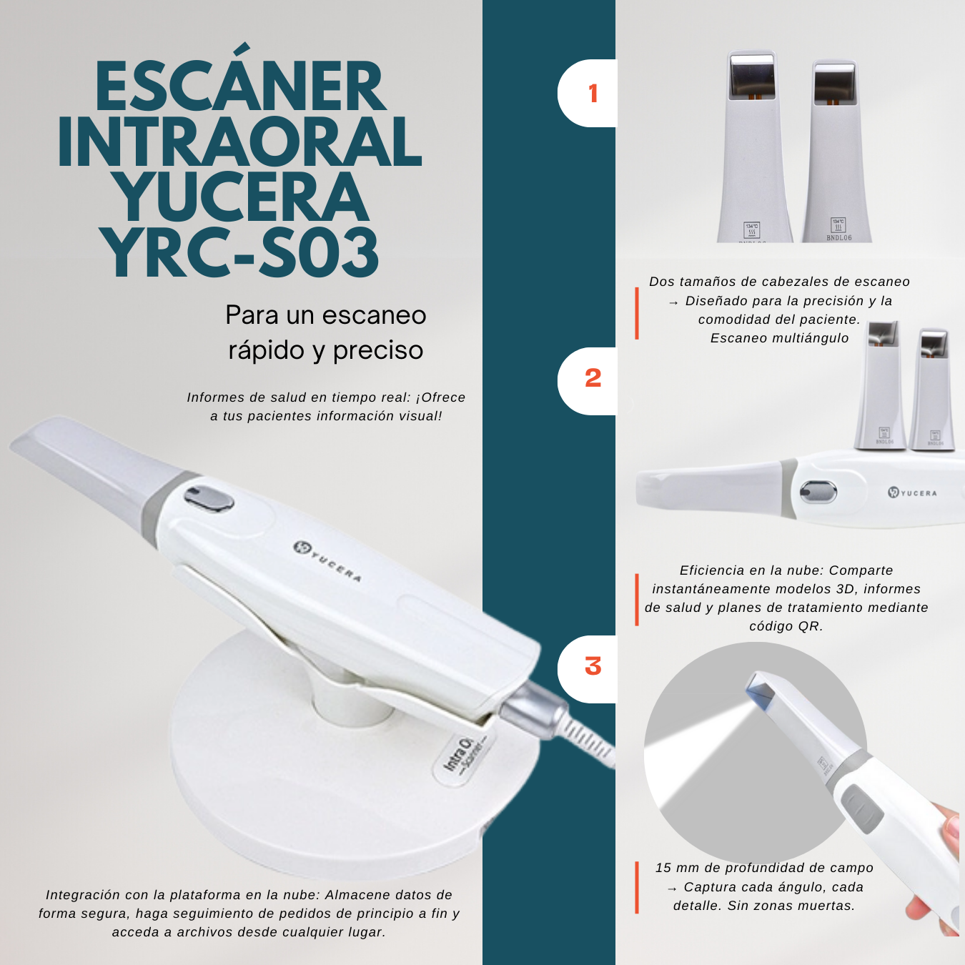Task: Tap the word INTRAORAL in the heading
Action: (240, 142)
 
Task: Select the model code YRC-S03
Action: (241, 252)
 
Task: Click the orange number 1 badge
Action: (593, 94)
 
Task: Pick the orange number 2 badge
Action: (593, 377)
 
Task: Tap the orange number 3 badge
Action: (593, 666)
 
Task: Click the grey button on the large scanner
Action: (208, 499)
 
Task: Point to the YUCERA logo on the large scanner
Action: (327, 562)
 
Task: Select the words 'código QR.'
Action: (786, 626)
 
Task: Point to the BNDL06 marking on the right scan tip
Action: (838, 238)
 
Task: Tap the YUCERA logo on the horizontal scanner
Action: (912, 493)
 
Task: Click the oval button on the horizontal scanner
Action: (818, 491)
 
